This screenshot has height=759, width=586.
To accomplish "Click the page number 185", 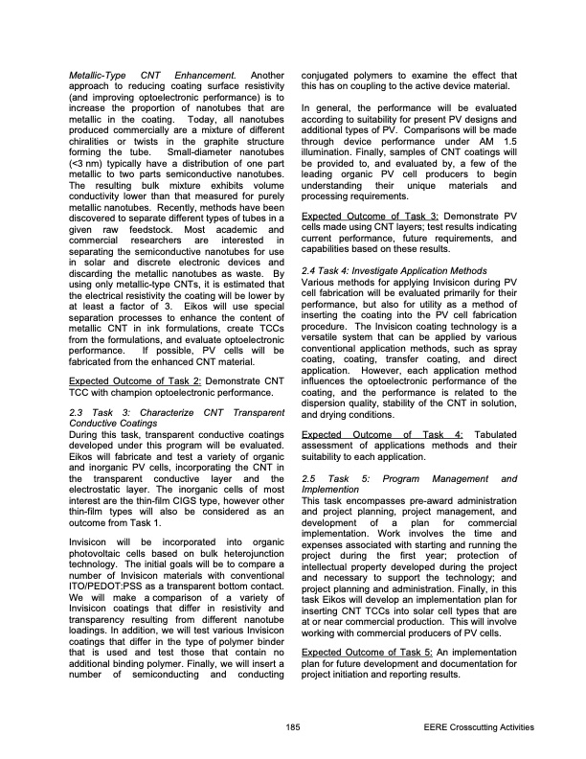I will pos(292,728).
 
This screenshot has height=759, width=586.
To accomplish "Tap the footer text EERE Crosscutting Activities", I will pos(478,728).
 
